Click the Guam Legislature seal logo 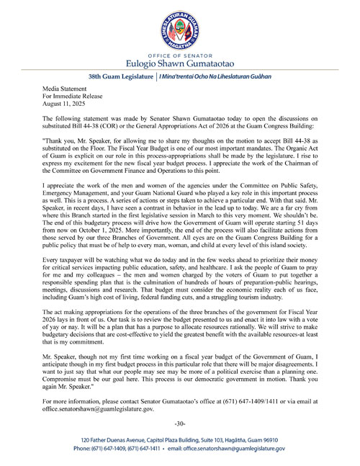tap(179, 28)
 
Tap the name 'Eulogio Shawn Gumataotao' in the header tap(180, 65)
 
